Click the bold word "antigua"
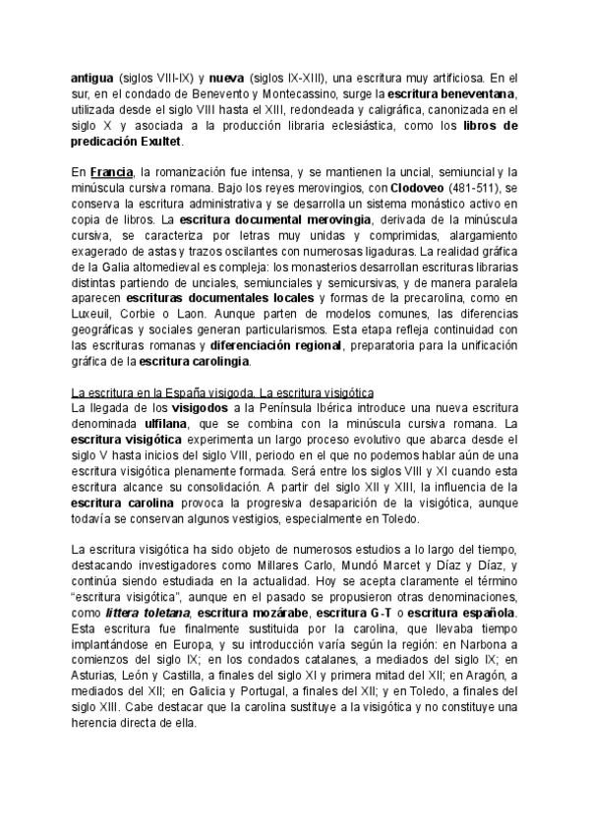92,78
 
